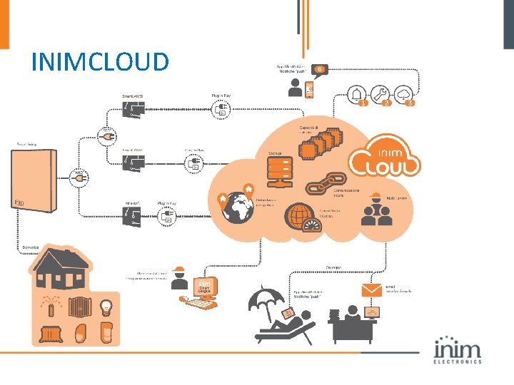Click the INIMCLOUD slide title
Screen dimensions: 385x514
[x=100, y=62]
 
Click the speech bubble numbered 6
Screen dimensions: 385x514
[x=320, y=69]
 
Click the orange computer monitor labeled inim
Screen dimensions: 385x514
[x=204, y=288]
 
